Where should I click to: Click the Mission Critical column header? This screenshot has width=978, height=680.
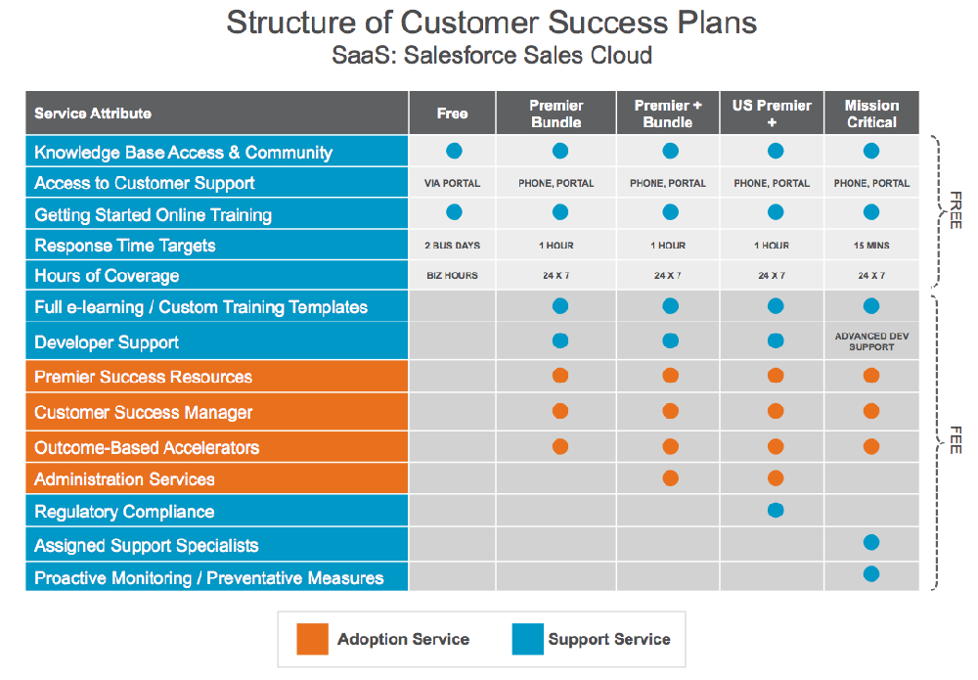(x=871, y=113)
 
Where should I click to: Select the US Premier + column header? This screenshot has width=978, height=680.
(x=772, y=113)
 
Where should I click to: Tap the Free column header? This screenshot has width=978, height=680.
(x=452, y=113)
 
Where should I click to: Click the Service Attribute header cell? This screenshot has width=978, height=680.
(x=216, y=113)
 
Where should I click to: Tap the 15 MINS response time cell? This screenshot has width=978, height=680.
(x=871, y=246)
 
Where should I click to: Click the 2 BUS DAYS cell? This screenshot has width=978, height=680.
(x=452, y=246)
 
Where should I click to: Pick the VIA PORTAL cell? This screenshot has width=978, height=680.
(x=452, y=183)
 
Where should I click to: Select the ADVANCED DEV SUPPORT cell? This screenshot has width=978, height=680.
(x=871, y=341)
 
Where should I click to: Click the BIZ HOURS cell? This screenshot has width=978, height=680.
(x=452, y=275)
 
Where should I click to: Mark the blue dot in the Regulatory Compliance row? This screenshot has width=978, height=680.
(x=776, y=511)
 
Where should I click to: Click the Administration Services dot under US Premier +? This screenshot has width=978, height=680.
(x=776, y=478)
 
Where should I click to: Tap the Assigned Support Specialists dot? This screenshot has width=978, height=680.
(x=871, y=542)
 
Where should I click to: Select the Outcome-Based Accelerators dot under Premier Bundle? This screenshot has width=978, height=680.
(x=560, y=447)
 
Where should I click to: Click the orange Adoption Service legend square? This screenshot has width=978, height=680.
(x=313, y=639)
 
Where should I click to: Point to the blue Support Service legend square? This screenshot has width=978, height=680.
(x=528, y=639)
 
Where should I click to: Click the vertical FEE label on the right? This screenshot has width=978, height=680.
(x=956, y=440)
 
